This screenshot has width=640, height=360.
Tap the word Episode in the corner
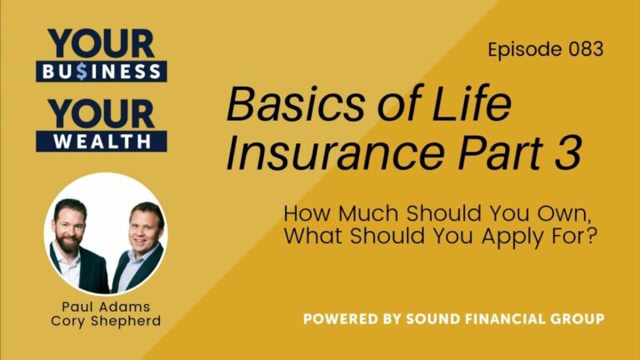521,50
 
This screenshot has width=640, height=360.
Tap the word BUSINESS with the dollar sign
102,71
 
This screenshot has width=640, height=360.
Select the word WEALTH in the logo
102,141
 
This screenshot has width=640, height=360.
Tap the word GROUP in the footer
578,319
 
